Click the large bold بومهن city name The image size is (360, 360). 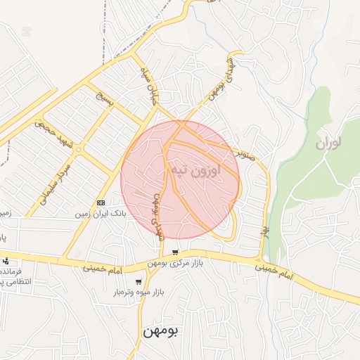162,330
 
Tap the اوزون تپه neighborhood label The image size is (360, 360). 194,170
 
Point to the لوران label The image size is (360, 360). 328,144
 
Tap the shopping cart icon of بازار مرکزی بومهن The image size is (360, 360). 175,252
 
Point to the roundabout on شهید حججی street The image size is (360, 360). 79,149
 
